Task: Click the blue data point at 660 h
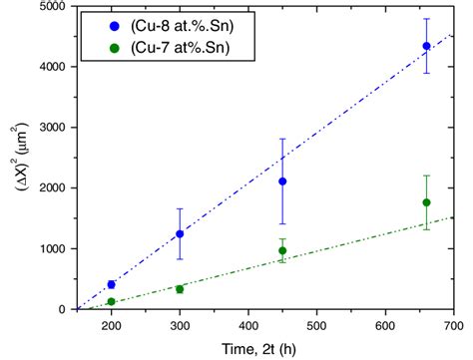[426, 46]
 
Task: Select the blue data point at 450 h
[282, 181]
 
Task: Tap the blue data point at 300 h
[180, 234]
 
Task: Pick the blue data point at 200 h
[111, 284]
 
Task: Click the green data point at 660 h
[426, 202]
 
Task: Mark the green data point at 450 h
[282, 250]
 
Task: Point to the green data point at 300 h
[180, 289]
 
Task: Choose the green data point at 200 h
[111, 301]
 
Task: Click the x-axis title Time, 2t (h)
[264, 346]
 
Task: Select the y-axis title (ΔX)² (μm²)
[12, 158]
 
